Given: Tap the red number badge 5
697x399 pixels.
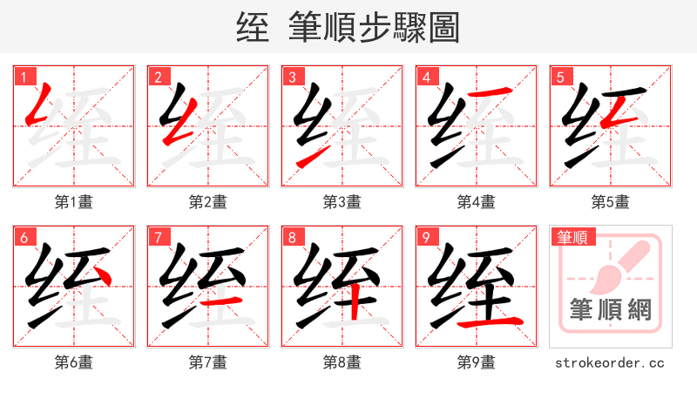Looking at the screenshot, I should pos(560,77).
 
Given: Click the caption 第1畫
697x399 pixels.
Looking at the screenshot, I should pos(74,202).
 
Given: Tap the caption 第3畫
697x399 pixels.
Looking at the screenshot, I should pos(342,202).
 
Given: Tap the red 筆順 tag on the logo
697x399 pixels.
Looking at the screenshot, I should pos(571,236).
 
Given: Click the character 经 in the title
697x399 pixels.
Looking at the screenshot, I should pos(253,28).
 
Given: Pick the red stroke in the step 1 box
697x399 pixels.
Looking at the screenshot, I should pos(40,105).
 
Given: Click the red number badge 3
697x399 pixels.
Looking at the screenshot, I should pos(292,77).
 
